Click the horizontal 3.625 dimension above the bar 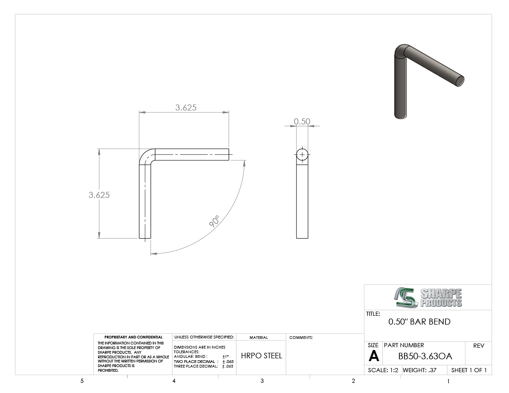186,107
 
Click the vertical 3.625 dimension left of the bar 99,195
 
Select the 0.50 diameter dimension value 302,121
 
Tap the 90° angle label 214,221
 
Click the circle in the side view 302,149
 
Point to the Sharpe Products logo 428,297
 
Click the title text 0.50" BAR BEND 419,322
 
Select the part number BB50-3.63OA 425,356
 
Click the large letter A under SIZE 373,356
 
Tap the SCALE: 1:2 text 383,370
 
